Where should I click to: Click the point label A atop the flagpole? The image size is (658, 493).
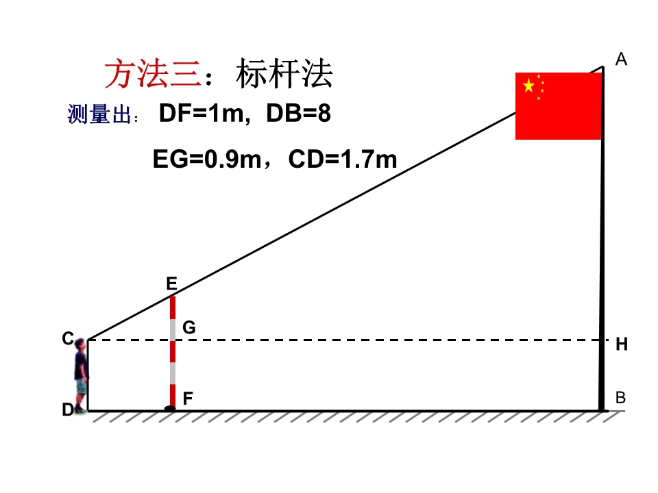pyautogui.click(x=621, y=59)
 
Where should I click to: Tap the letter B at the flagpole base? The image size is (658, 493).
pyautogui.click(x=621, y=397)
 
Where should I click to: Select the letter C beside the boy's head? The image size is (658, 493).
pyautogui.click(x=68, y=338)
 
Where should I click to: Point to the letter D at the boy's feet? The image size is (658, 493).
pyautogui.click(x=68, y=409)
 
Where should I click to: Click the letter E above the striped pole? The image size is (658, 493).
pyautogui.click(x=171, y=283)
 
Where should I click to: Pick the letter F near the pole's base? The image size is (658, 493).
pyautogui.click(x=188, y=399)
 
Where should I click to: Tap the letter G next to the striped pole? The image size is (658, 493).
pyautogui.click(x=189, y=327)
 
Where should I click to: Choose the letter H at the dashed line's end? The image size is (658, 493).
pyautogui.click(x=622, y=344)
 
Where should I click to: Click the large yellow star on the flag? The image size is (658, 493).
pyautogui.click(x=528, y=86)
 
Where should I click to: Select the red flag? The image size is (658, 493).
pyautogui.click(x=559, y=106)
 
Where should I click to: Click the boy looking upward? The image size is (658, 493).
pyautogui.click(x=81, y=375)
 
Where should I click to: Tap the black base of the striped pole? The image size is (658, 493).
pyautogui.click(x=170, y=408)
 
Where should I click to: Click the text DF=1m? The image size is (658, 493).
pyautogui.click(x=202, y=113)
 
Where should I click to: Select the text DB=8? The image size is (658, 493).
pyautogui.click(x=298, y=113)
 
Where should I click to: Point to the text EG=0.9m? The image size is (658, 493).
pyautogui.click(x=207, y=160)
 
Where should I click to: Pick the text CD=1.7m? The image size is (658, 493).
pyautogui.click(x=343, y=160)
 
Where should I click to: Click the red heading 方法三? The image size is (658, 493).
pyautogui.click(x=153, y=74)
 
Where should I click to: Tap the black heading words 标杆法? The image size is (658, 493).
pyautogui.click(x=284, y=74)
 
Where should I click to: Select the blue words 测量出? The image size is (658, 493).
pyautogui.click(x=99, y=114)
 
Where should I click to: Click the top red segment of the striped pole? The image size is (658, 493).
pyautogui.click(x=173, y=307)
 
